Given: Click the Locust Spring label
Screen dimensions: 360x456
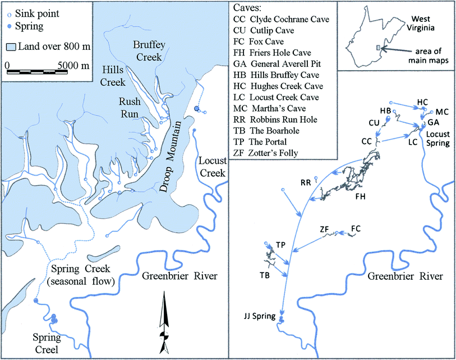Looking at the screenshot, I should (x=439, y=139).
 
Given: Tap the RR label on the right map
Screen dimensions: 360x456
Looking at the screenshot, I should (x=306, y=183).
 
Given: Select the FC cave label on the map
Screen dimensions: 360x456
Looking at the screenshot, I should (x=356, y=228).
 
